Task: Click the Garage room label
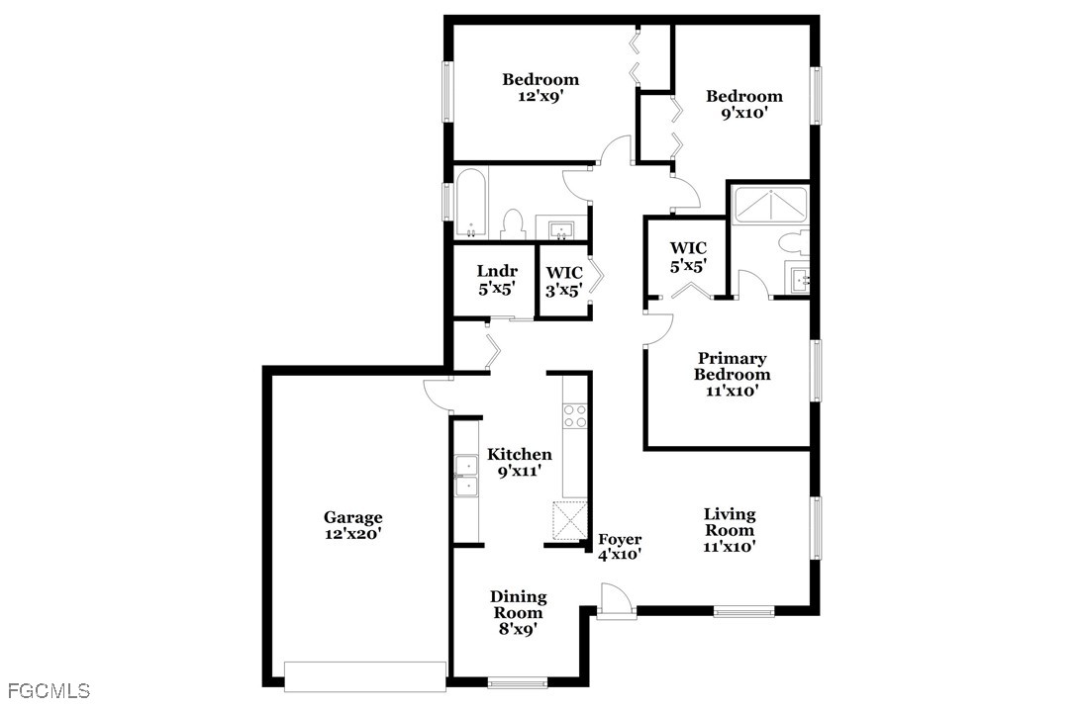352,525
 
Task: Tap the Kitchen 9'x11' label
520,463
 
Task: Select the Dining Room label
517,612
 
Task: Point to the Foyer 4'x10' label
620,547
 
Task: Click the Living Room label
730,530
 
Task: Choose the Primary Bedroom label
733,375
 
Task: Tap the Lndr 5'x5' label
497,280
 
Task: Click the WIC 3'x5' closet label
564,281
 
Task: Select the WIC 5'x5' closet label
688,256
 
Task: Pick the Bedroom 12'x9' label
541,88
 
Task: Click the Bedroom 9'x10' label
743,104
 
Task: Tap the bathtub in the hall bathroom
471,202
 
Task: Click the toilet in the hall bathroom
513,224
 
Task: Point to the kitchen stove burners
575,415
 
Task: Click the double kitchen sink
467,476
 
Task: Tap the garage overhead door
365,676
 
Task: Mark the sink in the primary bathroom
800,280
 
